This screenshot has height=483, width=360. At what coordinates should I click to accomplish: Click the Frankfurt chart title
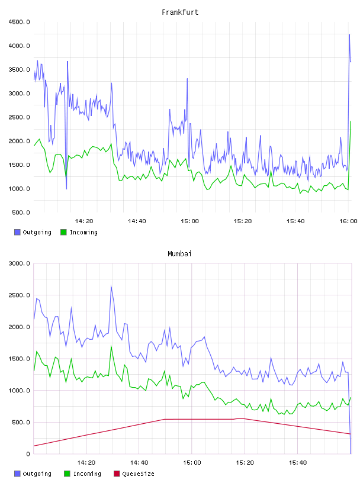point(180,12)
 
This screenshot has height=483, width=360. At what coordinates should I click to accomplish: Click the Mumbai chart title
point(179,254)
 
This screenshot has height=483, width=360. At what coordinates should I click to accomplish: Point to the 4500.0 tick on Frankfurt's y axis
point(19,22)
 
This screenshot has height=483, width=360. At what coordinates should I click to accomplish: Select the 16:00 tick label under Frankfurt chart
point(348,221)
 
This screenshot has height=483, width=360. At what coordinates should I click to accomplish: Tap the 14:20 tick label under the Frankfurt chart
point(84,221)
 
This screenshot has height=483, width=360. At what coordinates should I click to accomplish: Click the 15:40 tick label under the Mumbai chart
point(298,463)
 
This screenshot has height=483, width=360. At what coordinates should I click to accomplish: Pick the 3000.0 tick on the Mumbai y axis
point(19,263)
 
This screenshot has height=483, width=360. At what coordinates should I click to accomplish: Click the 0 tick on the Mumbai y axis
point(28,454)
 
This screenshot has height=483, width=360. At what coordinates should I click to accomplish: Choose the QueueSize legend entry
point(134,474)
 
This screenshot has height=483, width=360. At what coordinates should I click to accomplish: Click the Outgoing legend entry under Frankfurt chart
point(33,232)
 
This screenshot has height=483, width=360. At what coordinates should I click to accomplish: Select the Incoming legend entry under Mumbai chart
point(82,474)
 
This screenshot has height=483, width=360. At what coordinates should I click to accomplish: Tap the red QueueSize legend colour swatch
point(117,474)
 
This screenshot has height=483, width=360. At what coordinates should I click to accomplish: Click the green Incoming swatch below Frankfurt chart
point(63,232)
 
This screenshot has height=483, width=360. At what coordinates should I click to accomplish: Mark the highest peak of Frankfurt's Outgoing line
point(349,34)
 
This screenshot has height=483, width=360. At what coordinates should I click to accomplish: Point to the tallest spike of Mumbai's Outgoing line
point(111,286)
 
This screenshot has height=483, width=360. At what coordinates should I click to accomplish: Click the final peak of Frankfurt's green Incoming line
point(351,121)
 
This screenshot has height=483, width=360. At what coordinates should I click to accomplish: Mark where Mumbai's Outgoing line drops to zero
point(351,453)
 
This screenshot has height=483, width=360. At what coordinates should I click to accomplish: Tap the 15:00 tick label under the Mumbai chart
point(192,463)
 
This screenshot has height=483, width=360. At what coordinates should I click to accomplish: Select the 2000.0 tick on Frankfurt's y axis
point(19,141)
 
